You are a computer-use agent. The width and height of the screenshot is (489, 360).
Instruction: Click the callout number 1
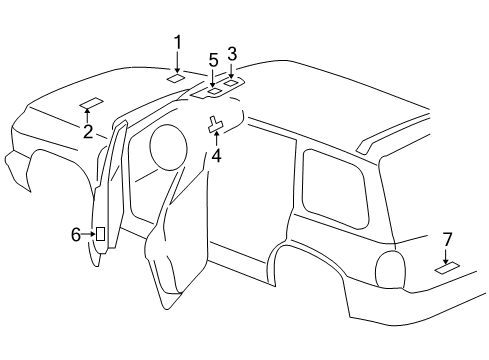[178, 42]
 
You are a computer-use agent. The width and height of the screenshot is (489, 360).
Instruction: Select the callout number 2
[88, 132]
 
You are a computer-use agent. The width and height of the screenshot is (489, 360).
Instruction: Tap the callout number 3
[232, 53]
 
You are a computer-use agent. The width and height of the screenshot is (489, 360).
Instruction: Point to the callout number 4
[216, 155]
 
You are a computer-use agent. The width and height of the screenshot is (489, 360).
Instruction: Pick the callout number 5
[213, 60]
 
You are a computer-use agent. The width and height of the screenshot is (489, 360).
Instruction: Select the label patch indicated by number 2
[91, 101]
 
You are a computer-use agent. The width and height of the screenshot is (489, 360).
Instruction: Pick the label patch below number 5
[213, 92]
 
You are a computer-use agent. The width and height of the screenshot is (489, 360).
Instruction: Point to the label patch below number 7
[447, 268]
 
